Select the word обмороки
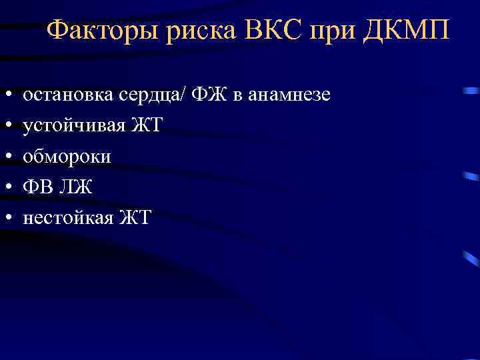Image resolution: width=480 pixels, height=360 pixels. [x=67, y=157]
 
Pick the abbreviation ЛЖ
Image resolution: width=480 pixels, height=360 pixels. [x=75, y=187]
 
